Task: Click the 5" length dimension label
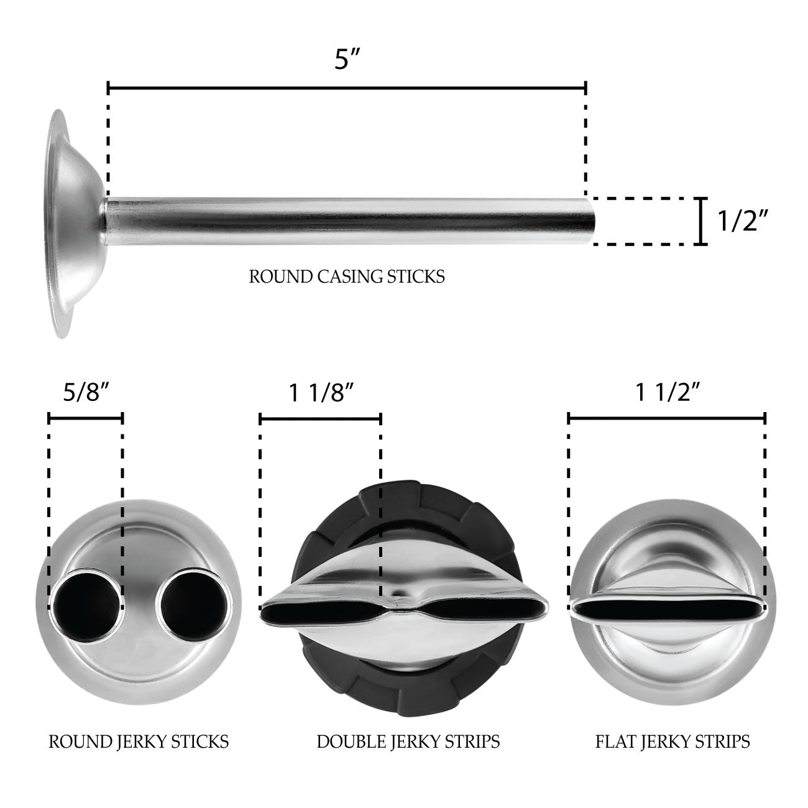pos(347,61)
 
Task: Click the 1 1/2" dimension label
pos(668,393)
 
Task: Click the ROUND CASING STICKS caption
pos(347,276)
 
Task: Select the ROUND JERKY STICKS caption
pos(139,741)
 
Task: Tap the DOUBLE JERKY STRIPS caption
pos(408,741)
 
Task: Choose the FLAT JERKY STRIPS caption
pos(672,741)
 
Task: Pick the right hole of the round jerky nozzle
pos(194,602)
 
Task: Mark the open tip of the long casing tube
pos(591,221)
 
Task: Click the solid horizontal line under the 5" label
pos(347,88)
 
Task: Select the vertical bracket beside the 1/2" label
pos(701,221)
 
